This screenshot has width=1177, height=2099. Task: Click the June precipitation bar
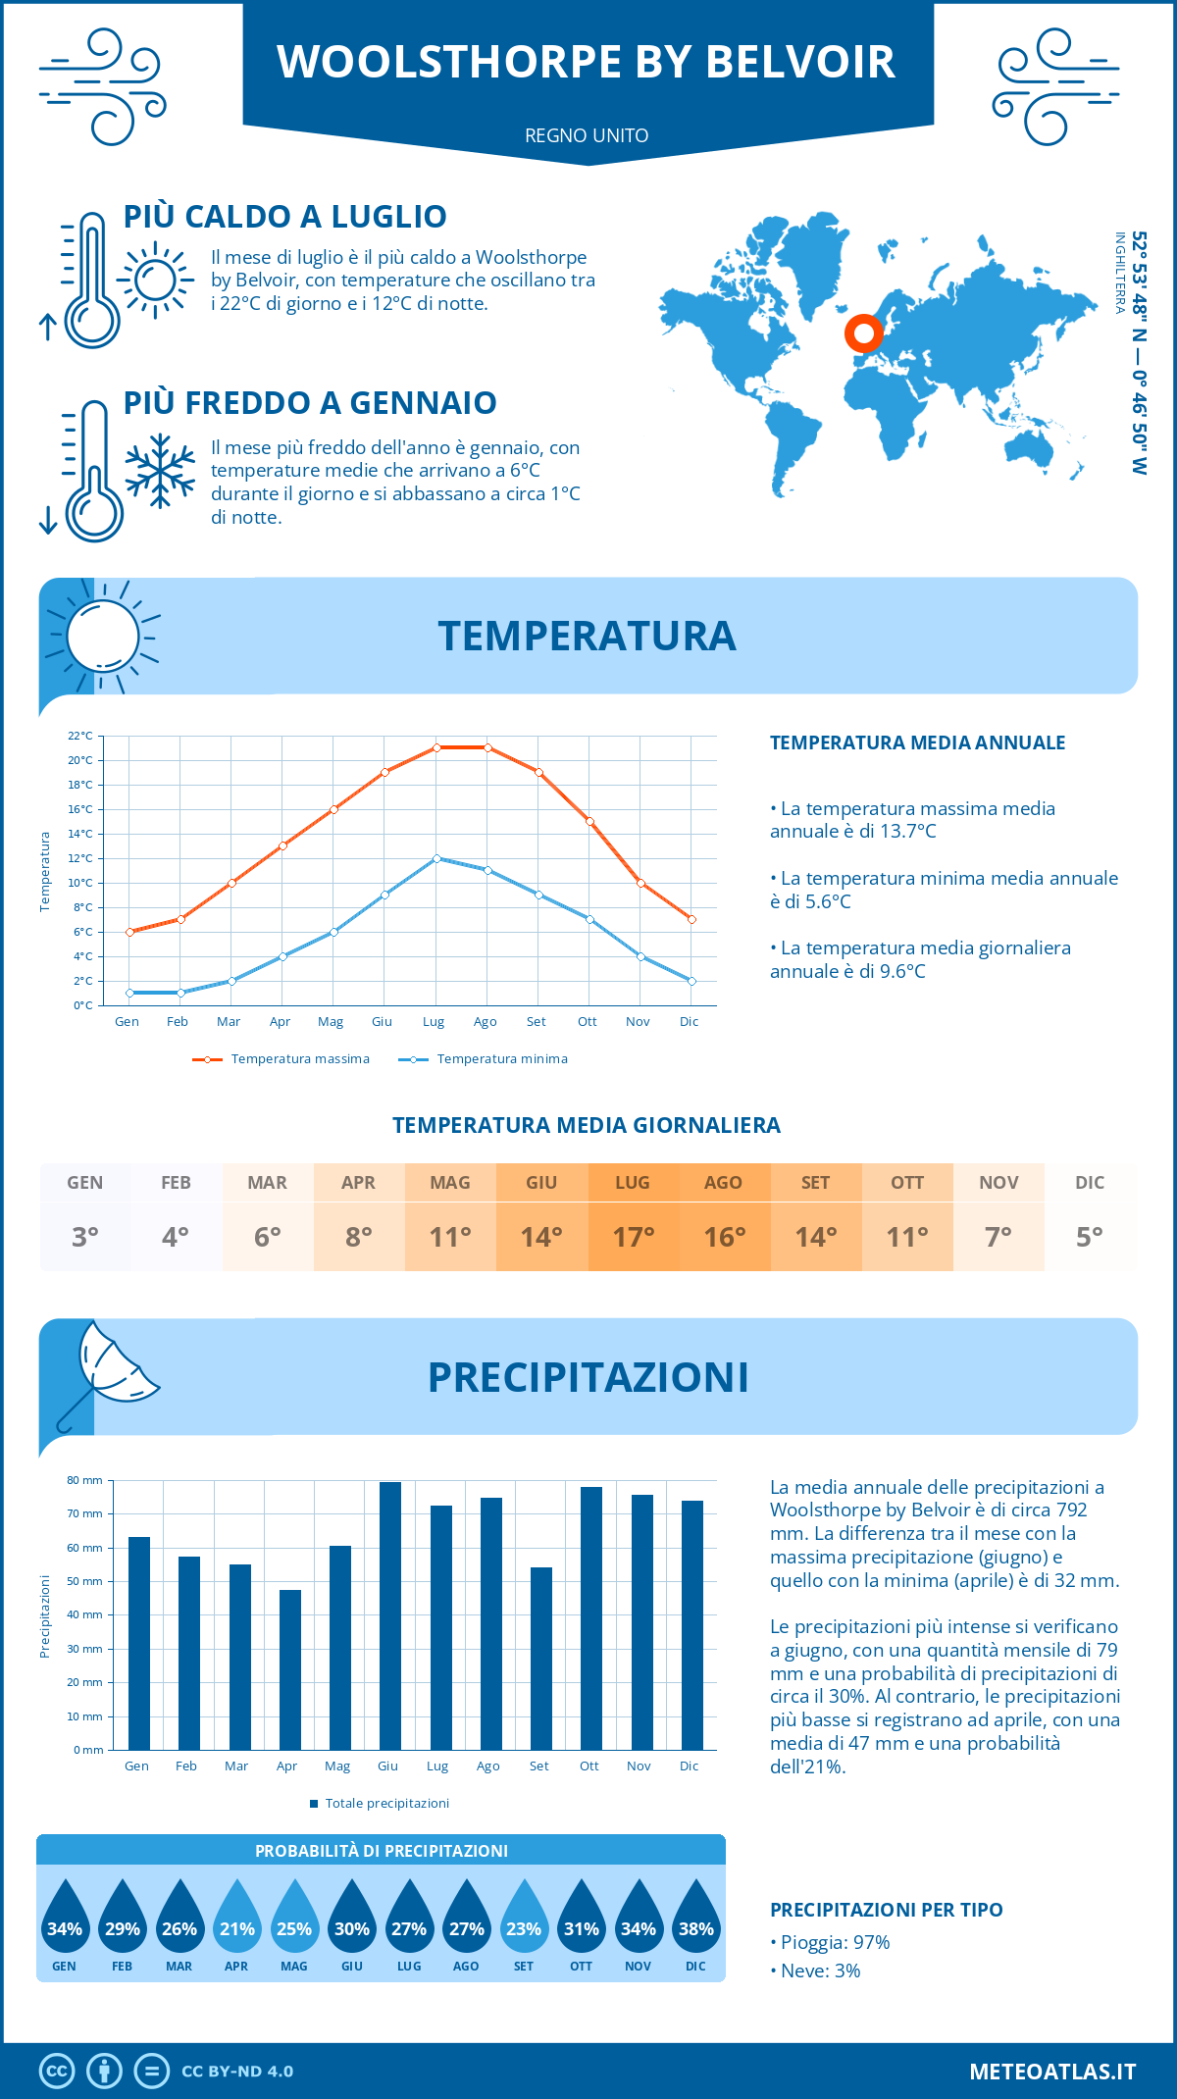click(x=390, y=1615)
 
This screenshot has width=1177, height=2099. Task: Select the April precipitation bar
click(x=289, y=1669)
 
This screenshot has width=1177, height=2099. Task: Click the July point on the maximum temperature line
click(x=436, y=747)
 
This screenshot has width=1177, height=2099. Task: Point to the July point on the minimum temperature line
click(x=436, y=858)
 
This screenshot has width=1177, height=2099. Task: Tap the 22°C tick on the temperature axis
click(x=80, y=736)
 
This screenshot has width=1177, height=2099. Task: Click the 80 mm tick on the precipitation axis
click(x=85, y=1480)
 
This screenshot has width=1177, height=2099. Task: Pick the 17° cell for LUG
click(x=633, y=1236)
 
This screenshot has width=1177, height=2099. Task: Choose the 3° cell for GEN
click(x=85, y=1236)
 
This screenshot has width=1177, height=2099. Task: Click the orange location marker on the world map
click(x=863, y=334)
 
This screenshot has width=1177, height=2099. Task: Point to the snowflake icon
click(x=160, y=471)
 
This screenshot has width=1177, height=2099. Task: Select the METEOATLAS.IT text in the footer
click(x=1051, y=2072)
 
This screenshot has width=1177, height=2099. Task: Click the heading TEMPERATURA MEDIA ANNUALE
click(x=917, y=742)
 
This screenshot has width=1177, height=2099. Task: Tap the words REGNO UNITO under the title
click(x=587, y=135)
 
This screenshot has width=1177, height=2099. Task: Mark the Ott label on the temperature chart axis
click(x=587, y=1021)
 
